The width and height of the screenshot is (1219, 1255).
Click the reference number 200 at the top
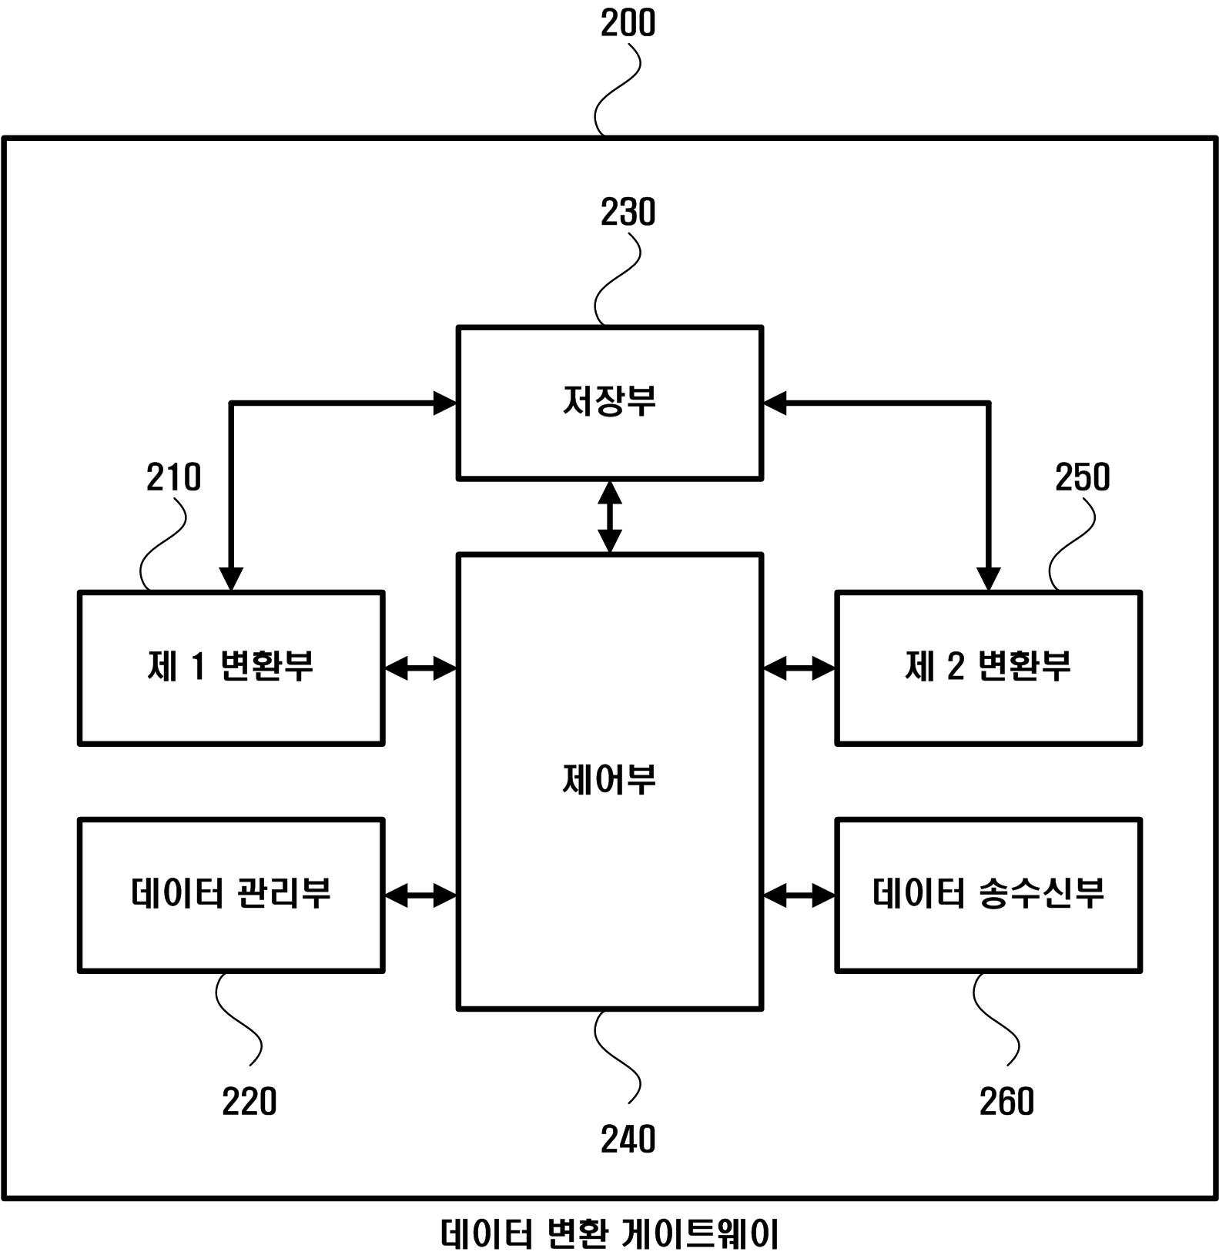(628, 23)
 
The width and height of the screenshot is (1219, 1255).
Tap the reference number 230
(628, 213)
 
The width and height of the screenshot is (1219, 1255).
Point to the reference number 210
(173, 477)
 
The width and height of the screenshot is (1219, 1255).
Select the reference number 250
(1082, 477)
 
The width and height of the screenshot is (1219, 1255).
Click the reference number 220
(249, 1101)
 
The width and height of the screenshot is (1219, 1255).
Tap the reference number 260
(1006, 1101)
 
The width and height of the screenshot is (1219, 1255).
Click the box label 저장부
(609, 401)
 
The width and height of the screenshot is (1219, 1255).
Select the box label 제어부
(609, 780)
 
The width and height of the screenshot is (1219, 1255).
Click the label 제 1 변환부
(230, 666)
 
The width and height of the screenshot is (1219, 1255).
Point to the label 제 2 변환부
(988, 666)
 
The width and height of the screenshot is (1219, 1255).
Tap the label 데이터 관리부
(231, 893)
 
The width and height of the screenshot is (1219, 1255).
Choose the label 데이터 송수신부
(989, 893)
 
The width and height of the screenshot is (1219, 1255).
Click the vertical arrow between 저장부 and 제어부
(609, 517)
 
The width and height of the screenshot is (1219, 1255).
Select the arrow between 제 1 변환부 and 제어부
(420, 668)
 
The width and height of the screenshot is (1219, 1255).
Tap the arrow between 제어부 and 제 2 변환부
(799, 668)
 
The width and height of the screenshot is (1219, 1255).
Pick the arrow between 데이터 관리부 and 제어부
(420, 895)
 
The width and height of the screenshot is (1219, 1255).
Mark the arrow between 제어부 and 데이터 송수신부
(799, 895)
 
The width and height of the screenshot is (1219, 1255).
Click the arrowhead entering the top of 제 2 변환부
(988, 579)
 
